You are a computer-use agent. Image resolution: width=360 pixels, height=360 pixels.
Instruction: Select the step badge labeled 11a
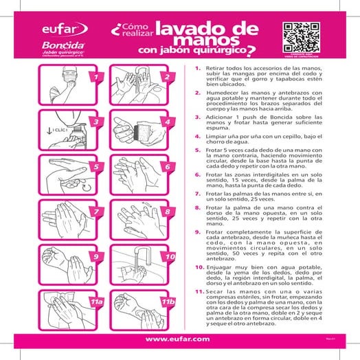(96, 302)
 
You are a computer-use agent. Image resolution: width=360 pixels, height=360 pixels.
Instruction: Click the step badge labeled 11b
(166, 302)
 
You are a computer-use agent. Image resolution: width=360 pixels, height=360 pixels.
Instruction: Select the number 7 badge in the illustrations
(96, 212)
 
